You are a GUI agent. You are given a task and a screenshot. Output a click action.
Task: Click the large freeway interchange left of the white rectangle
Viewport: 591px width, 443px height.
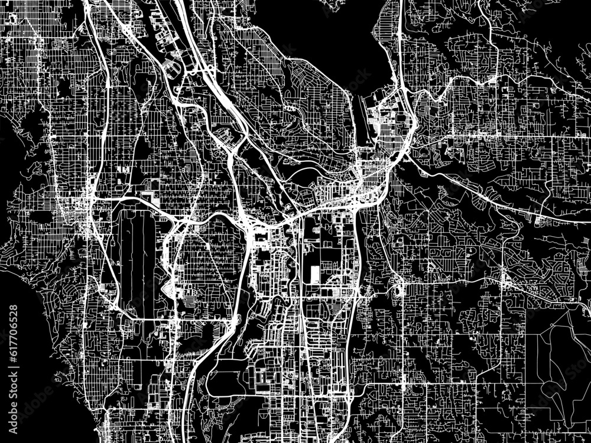pyautogui.click(x=251, y=224)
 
